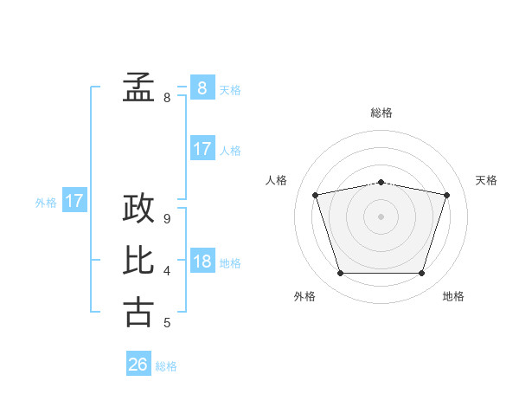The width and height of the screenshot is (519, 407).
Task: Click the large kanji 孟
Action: tap(138, 87)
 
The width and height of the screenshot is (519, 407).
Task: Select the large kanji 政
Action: tap(138, 208)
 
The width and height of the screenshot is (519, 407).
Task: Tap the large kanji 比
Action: tap(138, 260)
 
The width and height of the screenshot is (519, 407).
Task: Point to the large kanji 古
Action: tap(138, 313)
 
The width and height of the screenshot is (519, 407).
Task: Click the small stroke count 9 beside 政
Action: tap(167, 219)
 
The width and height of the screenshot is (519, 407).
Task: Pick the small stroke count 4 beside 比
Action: tap(167, 271)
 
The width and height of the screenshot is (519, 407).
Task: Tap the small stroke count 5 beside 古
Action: tap(167, 323)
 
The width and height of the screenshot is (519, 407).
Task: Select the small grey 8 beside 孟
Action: tap(167, 98)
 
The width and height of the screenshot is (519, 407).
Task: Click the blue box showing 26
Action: tap(138, 363)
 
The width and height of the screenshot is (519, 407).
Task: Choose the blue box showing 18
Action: tap(202, 260)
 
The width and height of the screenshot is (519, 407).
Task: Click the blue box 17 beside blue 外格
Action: tap(74, 199)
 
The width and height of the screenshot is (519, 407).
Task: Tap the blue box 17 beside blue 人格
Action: tap(202, 148)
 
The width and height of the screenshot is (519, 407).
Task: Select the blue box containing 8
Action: tap(202, 87)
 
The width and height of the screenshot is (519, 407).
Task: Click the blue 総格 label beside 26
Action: tap(166, 366)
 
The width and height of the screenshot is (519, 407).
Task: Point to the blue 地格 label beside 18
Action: tap(230, 263)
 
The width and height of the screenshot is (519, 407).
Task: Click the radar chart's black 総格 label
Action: tap(381, 113)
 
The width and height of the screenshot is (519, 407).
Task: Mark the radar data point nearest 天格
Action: tap(446, 195)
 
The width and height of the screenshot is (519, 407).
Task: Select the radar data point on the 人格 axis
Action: tap(315, 195)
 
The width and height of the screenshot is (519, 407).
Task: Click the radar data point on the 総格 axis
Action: tap(381, 183)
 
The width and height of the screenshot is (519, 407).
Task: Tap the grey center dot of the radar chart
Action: tap(381, 216)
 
